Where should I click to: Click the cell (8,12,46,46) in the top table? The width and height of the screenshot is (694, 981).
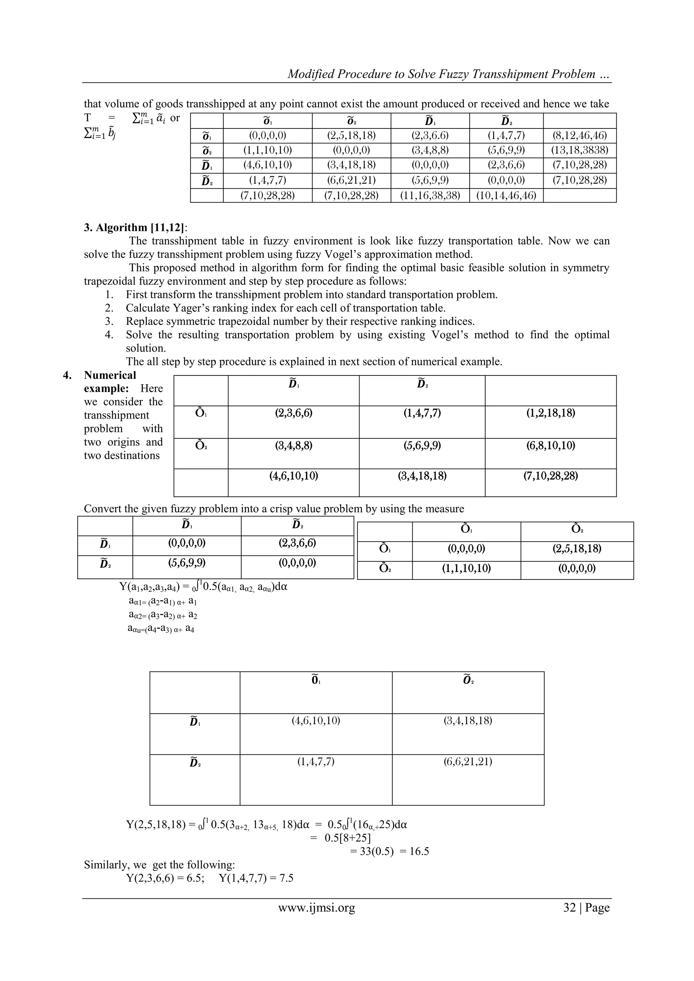pos(579,136)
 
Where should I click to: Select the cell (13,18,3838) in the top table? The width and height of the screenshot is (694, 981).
pos(579,150)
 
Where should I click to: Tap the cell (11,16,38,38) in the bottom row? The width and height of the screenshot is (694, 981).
pos(430,196)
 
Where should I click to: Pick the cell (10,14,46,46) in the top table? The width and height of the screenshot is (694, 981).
pos(506,196)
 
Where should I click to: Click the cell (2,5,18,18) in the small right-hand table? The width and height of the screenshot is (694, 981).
pos(576,549)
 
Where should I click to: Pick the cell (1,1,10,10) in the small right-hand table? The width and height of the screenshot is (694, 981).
pos(466,568)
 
